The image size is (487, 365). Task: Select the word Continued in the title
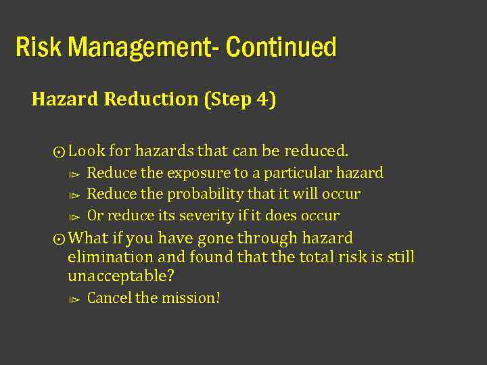tap(281, 47)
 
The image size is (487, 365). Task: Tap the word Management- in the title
tap(143, 47)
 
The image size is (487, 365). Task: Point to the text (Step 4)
tap(239, 99)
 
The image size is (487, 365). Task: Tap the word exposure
tap(198, 173)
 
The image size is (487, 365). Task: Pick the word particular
tap(296, 173)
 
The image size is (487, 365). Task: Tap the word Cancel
tap(110, 297)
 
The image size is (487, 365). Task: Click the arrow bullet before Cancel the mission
tap(75, 299)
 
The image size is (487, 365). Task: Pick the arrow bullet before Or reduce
tap(75, 217)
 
